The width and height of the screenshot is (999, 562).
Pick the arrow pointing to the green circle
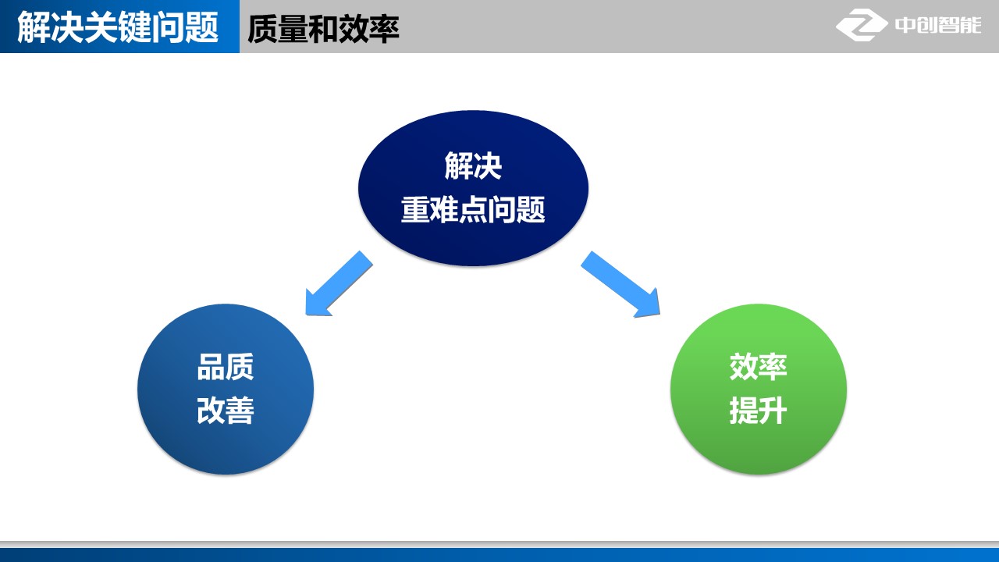621,284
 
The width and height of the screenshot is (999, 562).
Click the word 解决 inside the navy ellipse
473,166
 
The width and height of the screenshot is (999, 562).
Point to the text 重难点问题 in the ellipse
473,210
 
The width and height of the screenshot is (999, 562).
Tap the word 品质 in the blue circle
226,367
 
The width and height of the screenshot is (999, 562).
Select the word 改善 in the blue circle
226,411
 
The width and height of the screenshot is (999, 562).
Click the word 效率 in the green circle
758,367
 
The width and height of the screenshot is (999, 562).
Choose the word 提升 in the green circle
758,411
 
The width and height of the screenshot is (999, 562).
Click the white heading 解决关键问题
118,28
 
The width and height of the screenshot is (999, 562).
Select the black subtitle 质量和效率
323,29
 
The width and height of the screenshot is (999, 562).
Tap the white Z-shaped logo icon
862,25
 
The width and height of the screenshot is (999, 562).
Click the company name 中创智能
937,25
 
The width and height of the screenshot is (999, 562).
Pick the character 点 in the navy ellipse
473,210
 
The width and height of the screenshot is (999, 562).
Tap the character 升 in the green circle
773,411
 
